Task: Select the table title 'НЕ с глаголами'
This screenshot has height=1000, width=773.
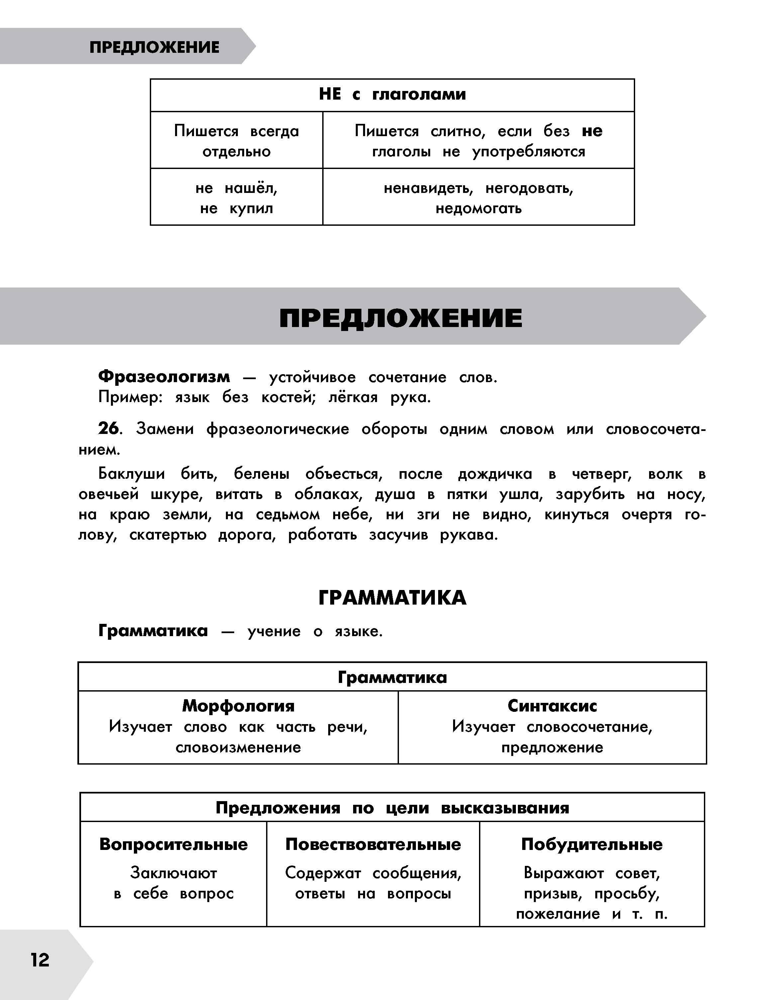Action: (x=392, y=94)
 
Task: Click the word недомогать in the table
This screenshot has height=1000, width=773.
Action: (x=478, y=208)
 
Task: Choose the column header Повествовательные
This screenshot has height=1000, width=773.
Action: (x=373, y=844)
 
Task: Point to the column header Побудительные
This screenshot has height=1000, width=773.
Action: (x=592, y=844)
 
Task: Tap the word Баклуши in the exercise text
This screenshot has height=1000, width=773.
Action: (x=132, y=474)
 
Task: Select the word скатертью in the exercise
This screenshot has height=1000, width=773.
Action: (x=168, y=535)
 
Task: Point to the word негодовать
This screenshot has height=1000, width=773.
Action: (x=529, y=188)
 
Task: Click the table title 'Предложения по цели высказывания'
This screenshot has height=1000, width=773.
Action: (x=392, y=808)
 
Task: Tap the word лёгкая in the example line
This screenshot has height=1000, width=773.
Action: (x=353, y=397)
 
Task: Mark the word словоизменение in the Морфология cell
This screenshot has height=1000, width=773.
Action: (x=238, y=747)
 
